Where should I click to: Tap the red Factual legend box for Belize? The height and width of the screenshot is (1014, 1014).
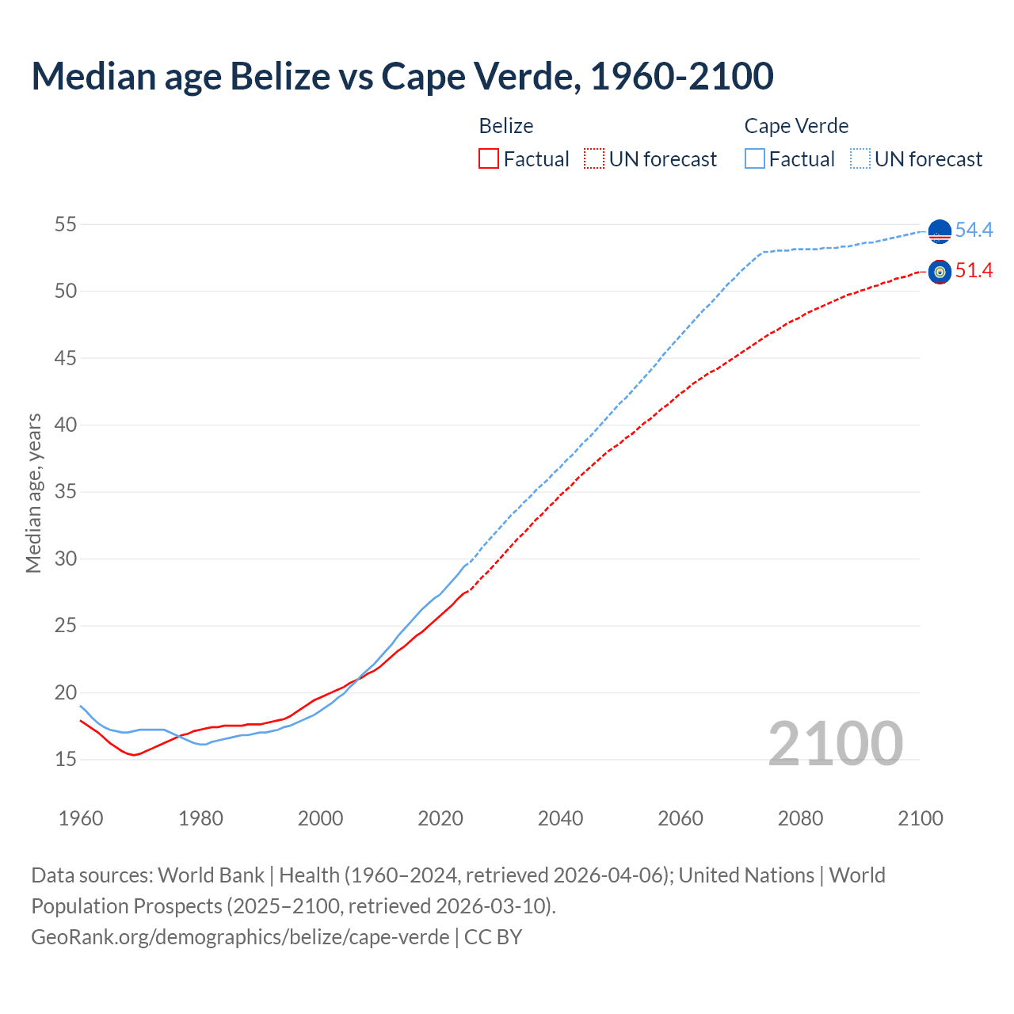[x=489, y=159]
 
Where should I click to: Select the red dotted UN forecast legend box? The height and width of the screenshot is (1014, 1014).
[x=594, y=159]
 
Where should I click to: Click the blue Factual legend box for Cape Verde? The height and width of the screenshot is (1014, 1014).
[x=755, y=159]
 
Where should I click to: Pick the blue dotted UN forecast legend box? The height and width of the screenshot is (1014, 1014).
[x=860, y=159]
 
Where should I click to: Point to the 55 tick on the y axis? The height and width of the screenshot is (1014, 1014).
[x=66, y=224]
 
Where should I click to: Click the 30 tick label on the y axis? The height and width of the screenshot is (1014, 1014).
[x=66, y=558]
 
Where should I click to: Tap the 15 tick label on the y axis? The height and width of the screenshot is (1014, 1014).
[x=66, y=759]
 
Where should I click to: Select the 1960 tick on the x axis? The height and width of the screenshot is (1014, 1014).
[x=81, y=818]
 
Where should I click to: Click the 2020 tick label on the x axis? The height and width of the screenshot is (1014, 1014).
[x=440, y=818]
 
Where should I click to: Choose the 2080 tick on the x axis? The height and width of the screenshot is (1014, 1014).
[x=800, y=818]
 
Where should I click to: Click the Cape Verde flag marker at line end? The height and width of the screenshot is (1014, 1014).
[x=940, y=231]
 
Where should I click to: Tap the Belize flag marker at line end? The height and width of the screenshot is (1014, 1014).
[x=940, y=272]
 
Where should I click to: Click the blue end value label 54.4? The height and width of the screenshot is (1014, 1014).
[x=974, y=230]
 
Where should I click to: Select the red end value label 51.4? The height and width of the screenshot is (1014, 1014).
[x=974, y=271]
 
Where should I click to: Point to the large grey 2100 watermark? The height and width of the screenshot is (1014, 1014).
[x=835, y=743]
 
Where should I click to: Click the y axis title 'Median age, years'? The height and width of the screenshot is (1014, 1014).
[x=33, y=493]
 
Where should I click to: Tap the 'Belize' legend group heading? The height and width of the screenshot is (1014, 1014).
[x=506, y=126]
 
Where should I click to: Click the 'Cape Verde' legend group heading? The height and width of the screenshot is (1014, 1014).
[x=796, y=126]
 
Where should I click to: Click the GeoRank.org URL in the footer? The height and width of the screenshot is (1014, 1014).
[x=240, y=936]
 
